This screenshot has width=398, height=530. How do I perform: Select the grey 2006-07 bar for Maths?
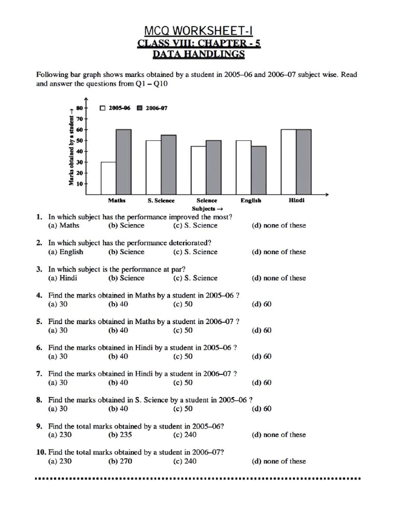123,161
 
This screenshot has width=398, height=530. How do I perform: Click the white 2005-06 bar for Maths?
108,178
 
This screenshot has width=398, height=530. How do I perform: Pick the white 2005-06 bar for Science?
198,170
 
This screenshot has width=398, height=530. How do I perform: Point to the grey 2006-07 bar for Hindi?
304,161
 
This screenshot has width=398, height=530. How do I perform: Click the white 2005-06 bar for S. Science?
153,167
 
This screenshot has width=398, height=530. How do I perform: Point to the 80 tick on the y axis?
79,108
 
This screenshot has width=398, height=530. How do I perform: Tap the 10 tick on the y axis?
79,183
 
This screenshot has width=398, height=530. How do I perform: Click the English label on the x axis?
251,201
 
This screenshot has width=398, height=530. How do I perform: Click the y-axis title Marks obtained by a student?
70,150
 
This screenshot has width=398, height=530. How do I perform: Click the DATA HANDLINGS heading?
198,54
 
